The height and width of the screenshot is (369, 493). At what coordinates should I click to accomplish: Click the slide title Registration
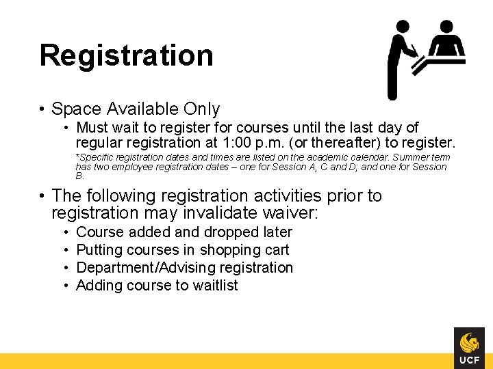(x=126, y=55)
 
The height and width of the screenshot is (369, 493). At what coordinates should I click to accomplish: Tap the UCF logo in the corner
(x=469, y=348)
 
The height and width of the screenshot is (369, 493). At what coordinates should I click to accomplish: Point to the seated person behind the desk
(x=446, y=41)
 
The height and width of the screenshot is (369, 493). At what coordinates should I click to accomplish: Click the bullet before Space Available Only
(x=42, y=109)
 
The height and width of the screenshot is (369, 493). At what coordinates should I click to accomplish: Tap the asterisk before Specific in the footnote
(x=77, y=157)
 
